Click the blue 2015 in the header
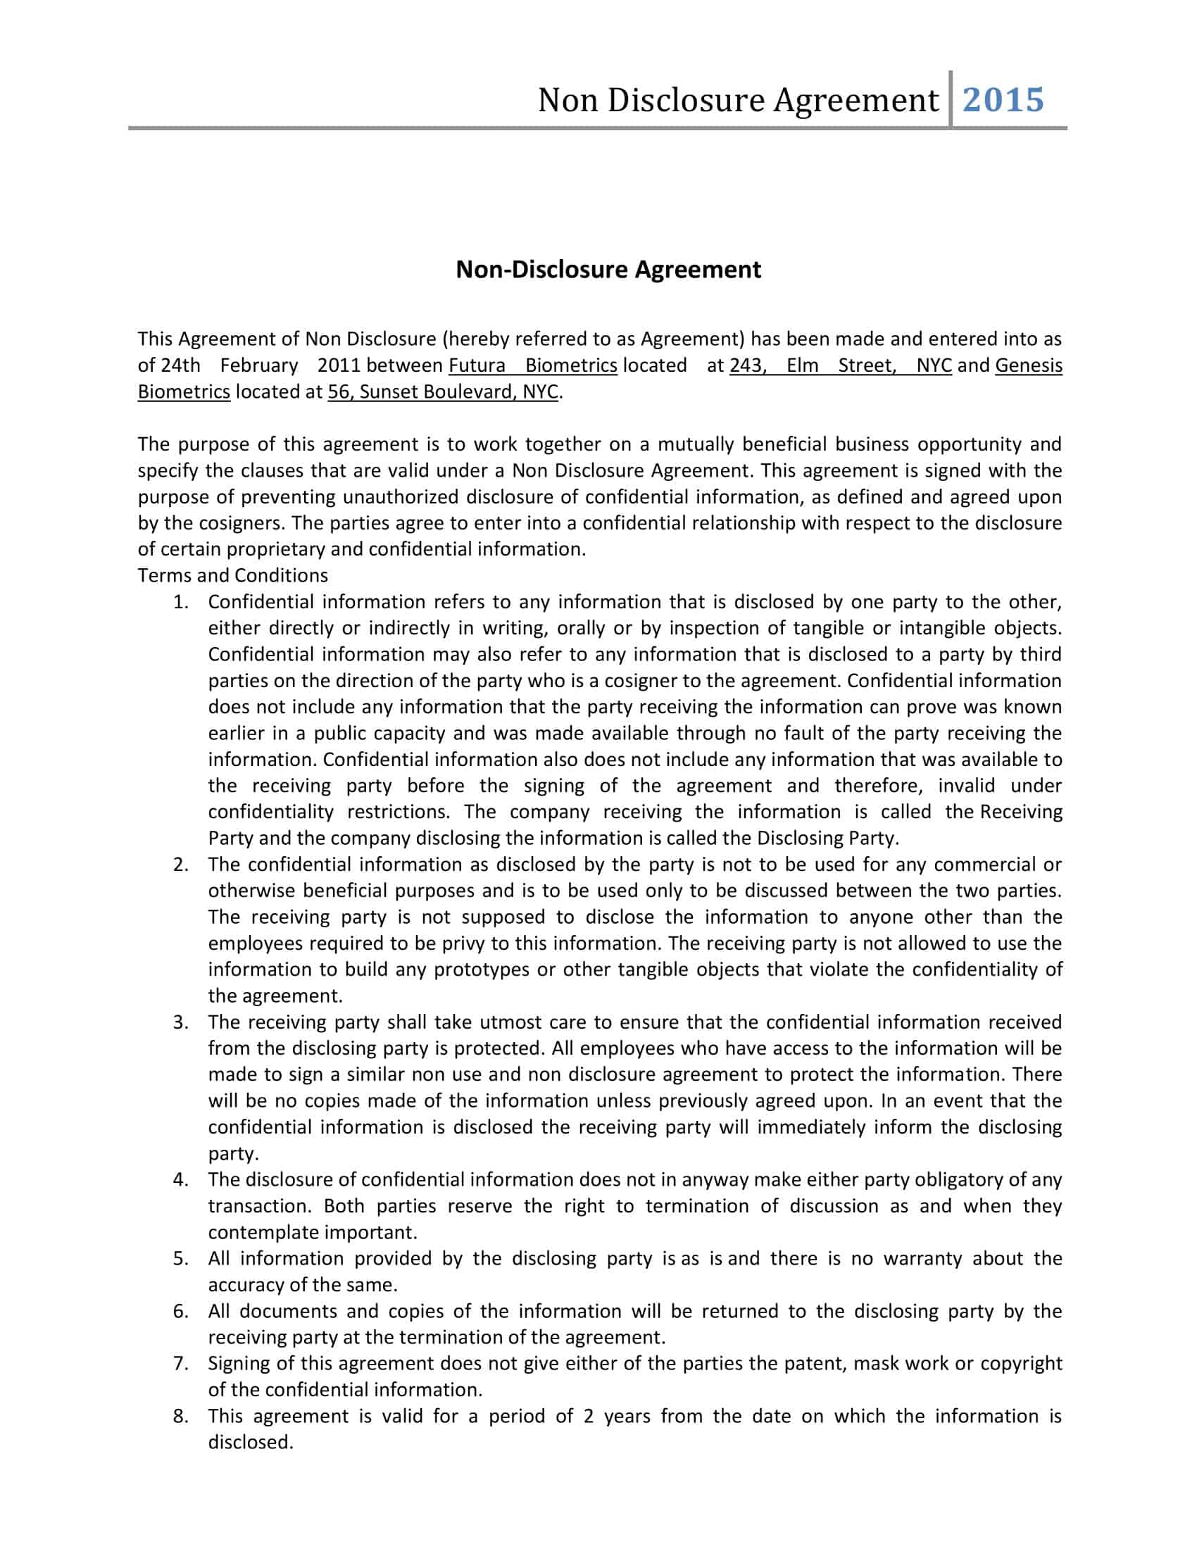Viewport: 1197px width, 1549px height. click(x=1003, y=100)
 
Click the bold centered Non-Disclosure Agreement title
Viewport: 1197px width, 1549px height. click(x=608, y=270)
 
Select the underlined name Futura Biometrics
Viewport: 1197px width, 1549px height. click(x=532, y=365)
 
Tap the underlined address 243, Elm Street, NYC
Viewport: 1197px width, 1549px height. click(x=839, y=365)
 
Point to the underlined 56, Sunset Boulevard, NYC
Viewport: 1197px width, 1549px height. click(x=442, y=391)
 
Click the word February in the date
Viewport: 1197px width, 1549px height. click(x=259, y=365)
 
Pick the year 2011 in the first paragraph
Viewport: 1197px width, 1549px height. click(x=339, y=365)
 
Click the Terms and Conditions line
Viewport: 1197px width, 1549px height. click(x=232, y=575)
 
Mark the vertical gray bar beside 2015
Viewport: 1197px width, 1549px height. click(x=951, y=99)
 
